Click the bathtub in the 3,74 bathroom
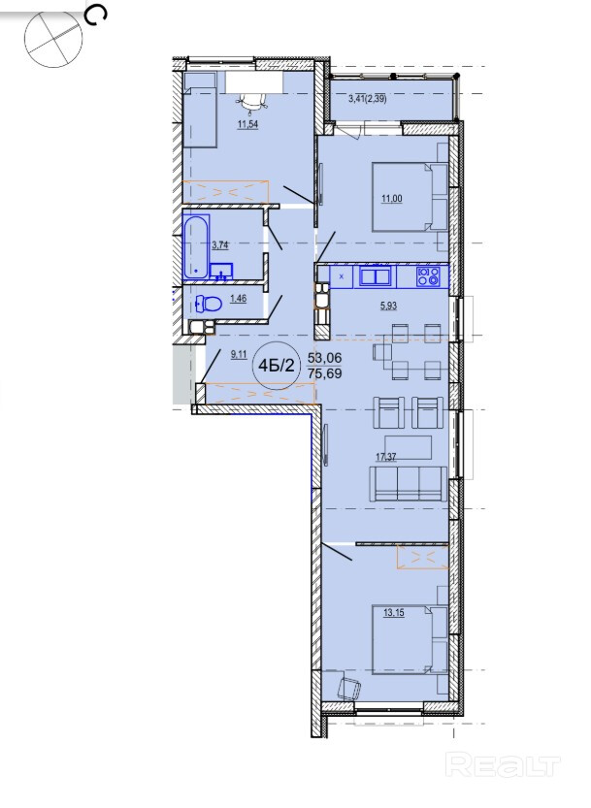(196, 246)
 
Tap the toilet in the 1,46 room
(209, 304)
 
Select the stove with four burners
(429, 276)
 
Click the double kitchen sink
(376, 276)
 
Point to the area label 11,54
(247, 124)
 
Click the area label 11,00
(392, 199)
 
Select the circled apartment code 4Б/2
(277, 366)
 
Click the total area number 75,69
(325, 373)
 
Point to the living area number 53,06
(325, 358)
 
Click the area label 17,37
(386, 457)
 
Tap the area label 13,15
(394, 613)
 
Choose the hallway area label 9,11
(239, 354)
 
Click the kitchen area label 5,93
(389, 307)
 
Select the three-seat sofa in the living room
(408, 483)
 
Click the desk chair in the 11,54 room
(253, 104)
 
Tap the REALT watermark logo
(503, 764)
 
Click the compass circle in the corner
(53, 39)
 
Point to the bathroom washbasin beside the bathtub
(221, 272)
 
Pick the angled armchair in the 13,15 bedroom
(348, 688)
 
